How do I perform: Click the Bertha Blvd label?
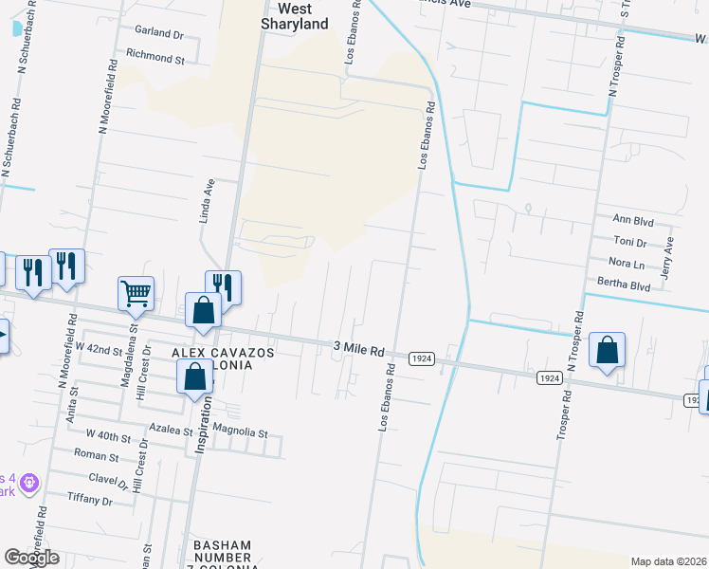[624, 284]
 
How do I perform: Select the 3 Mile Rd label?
[358, 349]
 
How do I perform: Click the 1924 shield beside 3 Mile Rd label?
[422, 358]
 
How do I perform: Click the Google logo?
[32, 558]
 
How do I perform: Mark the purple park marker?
[29, 485]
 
